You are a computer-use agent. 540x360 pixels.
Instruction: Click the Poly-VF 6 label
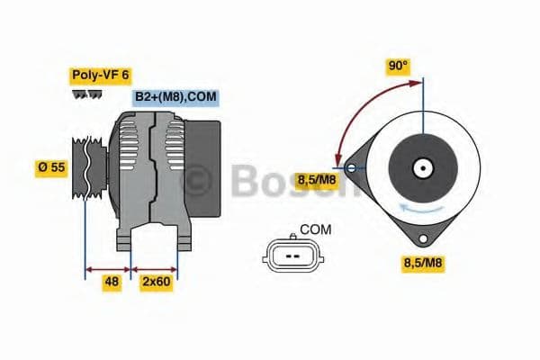[99, 76]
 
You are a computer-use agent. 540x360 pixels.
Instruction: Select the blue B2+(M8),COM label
[175, 97]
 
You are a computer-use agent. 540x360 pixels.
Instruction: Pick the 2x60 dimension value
[156, 283]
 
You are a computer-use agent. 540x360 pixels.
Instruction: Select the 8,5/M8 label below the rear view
[420, 263]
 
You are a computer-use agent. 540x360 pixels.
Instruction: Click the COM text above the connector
[315, 229]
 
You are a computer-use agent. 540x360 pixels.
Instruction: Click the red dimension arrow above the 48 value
[108, 267]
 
